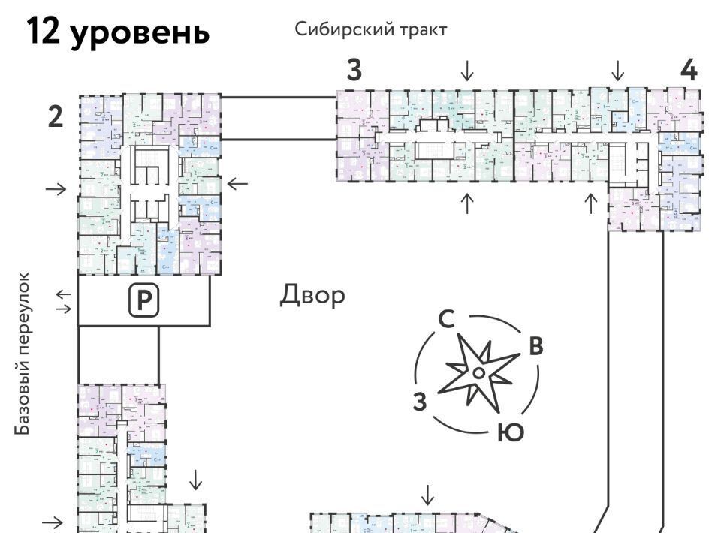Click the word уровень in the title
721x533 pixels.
(x=141, y=34)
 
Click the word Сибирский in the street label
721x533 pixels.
(x=337, y=30)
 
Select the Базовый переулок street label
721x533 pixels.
(x=24, y=354)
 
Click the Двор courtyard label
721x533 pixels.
(x=313, y=295)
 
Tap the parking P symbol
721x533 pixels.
(x=143, y=301)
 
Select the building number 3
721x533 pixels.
(x=354, y=71)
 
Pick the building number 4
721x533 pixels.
(x=689, y=71)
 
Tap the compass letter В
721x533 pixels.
(x=535, y=346)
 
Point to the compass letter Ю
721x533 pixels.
(x=510, y=433)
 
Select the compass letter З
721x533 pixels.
(x=420, y=402)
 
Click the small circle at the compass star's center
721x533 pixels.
(x=478, y=372)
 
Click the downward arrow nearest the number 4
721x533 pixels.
(x=617, y=71)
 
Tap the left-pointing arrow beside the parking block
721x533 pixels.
(x=65, y=294)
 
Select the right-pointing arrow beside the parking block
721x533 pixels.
(x=65, y=308)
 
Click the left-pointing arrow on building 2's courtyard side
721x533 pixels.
(x=237, y=182)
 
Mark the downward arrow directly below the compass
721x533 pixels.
(x=427, y=495)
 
